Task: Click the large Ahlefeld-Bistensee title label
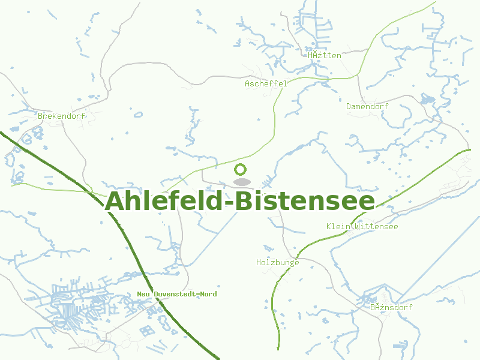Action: [240, 202]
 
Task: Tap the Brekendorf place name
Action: [61, 116]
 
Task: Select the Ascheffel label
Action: [266, 84]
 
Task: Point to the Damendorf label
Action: [367, 107]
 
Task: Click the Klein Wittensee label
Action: [362, 227]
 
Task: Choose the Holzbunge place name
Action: [277, 263]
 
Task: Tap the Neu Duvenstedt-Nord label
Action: [177, 294]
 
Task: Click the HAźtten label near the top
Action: [324, 56]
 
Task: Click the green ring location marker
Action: [241, 170]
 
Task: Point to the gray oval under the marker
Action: [241, 182]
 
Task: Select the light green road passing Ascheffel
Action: [274, 120]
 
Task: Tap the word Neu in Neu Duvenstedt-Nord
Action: [144, 294]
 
